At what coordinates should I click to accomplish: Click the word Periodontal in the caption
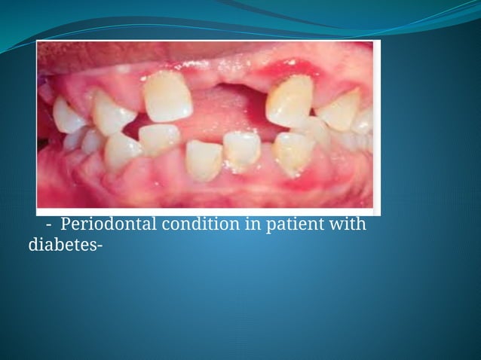tap(102, 224)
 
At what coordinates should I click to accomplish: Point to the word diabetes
tap(51, 243)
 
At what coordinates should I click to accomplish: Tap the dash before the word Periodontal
tap(48, 225)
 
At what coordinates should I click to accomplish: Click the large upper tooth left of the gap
tap(167, 96)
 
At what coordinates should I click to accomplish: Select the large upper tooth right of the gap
tap(290, 100)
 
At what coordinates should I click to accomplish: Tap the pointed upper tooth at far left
tap(67, 115)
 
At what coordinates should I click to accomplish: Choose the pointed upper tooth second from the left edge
tap(112, 115)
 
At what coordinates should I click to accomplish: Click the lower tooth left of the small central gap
tap(204, 159)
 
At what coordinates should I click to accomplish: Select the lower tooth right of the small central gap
tap(241, 148)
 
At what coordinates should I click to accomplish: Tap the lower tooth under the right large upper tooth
tap(293, 151)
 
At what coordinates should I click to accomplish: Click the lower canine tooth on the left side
tap(122, 151)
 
